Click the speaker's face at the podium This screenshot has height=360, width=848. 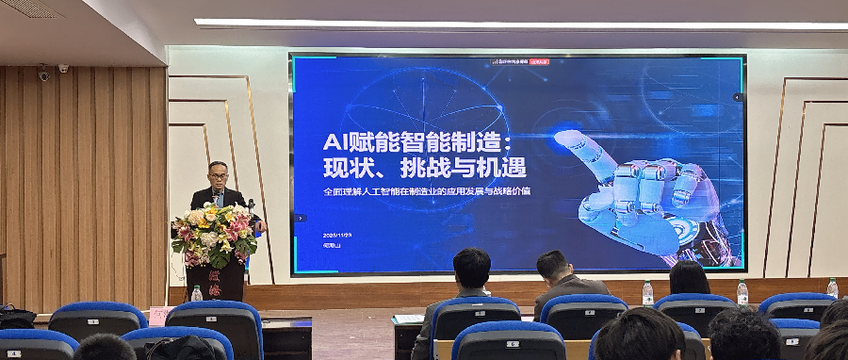219,176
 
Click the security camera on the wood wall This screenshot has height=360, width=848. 43,73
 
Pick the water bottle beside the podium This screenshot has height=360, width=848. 196,293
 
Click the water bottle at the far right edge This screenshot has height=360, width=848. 832,288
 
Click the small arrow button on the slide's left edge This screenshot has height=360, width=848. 301,218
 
